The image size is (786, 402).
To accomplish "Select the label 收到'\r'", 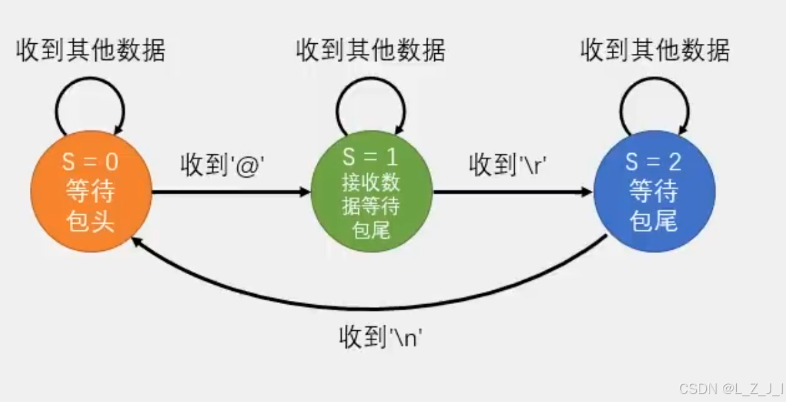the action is point(512,166).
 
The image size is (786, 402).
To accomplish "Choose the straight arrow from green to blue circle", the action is point(512,192).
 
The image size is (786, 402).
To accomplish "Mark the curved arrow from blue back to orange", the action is point(372,307).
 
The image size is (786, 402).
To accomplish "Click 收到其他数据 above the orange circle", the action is point(91,51).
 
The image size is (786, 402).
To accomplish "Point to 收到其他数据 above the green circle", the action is point(371,51).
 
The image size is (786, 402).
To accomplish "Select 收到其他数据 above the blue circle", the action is point(655,51).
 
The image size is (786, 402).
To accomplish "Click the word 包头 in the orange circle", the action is point(91,220).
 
